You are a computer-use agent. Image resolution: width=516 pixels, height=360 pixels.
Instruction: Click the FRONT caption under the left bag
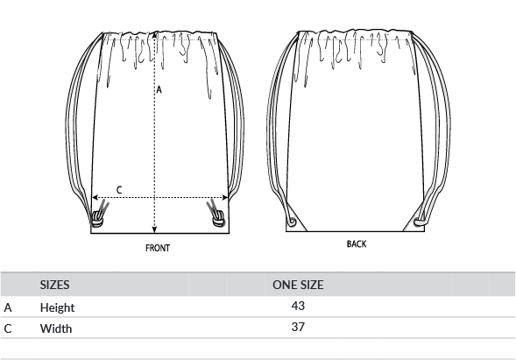(158, 248)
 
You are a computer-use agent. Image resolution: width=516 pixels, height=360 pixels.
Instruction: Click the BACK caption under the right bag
(357, 244)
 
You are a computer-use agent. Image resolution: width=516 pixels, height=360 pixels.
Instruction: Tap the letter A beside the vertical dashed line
(159, 89)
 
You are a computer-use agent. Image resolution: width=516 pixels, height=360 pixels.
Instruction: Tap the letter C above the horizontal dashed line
(119, 190)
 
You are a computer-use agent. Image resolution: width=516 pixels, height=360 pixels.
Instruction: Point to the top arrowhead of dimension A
(155, 34)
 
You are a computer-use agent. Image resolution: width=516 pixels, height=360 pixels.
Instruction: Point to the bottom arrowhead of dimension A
(155, 230)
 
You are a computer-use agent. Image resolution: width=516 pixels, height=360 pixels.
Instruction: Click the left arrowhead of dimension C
(95, 197)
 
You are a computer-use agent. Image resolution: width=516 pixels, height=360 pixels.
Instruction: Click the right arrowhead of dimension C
(225, 197)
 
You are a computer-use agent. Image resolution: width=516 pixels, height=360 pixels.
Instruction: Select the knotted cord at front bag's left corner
(99, 215)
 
